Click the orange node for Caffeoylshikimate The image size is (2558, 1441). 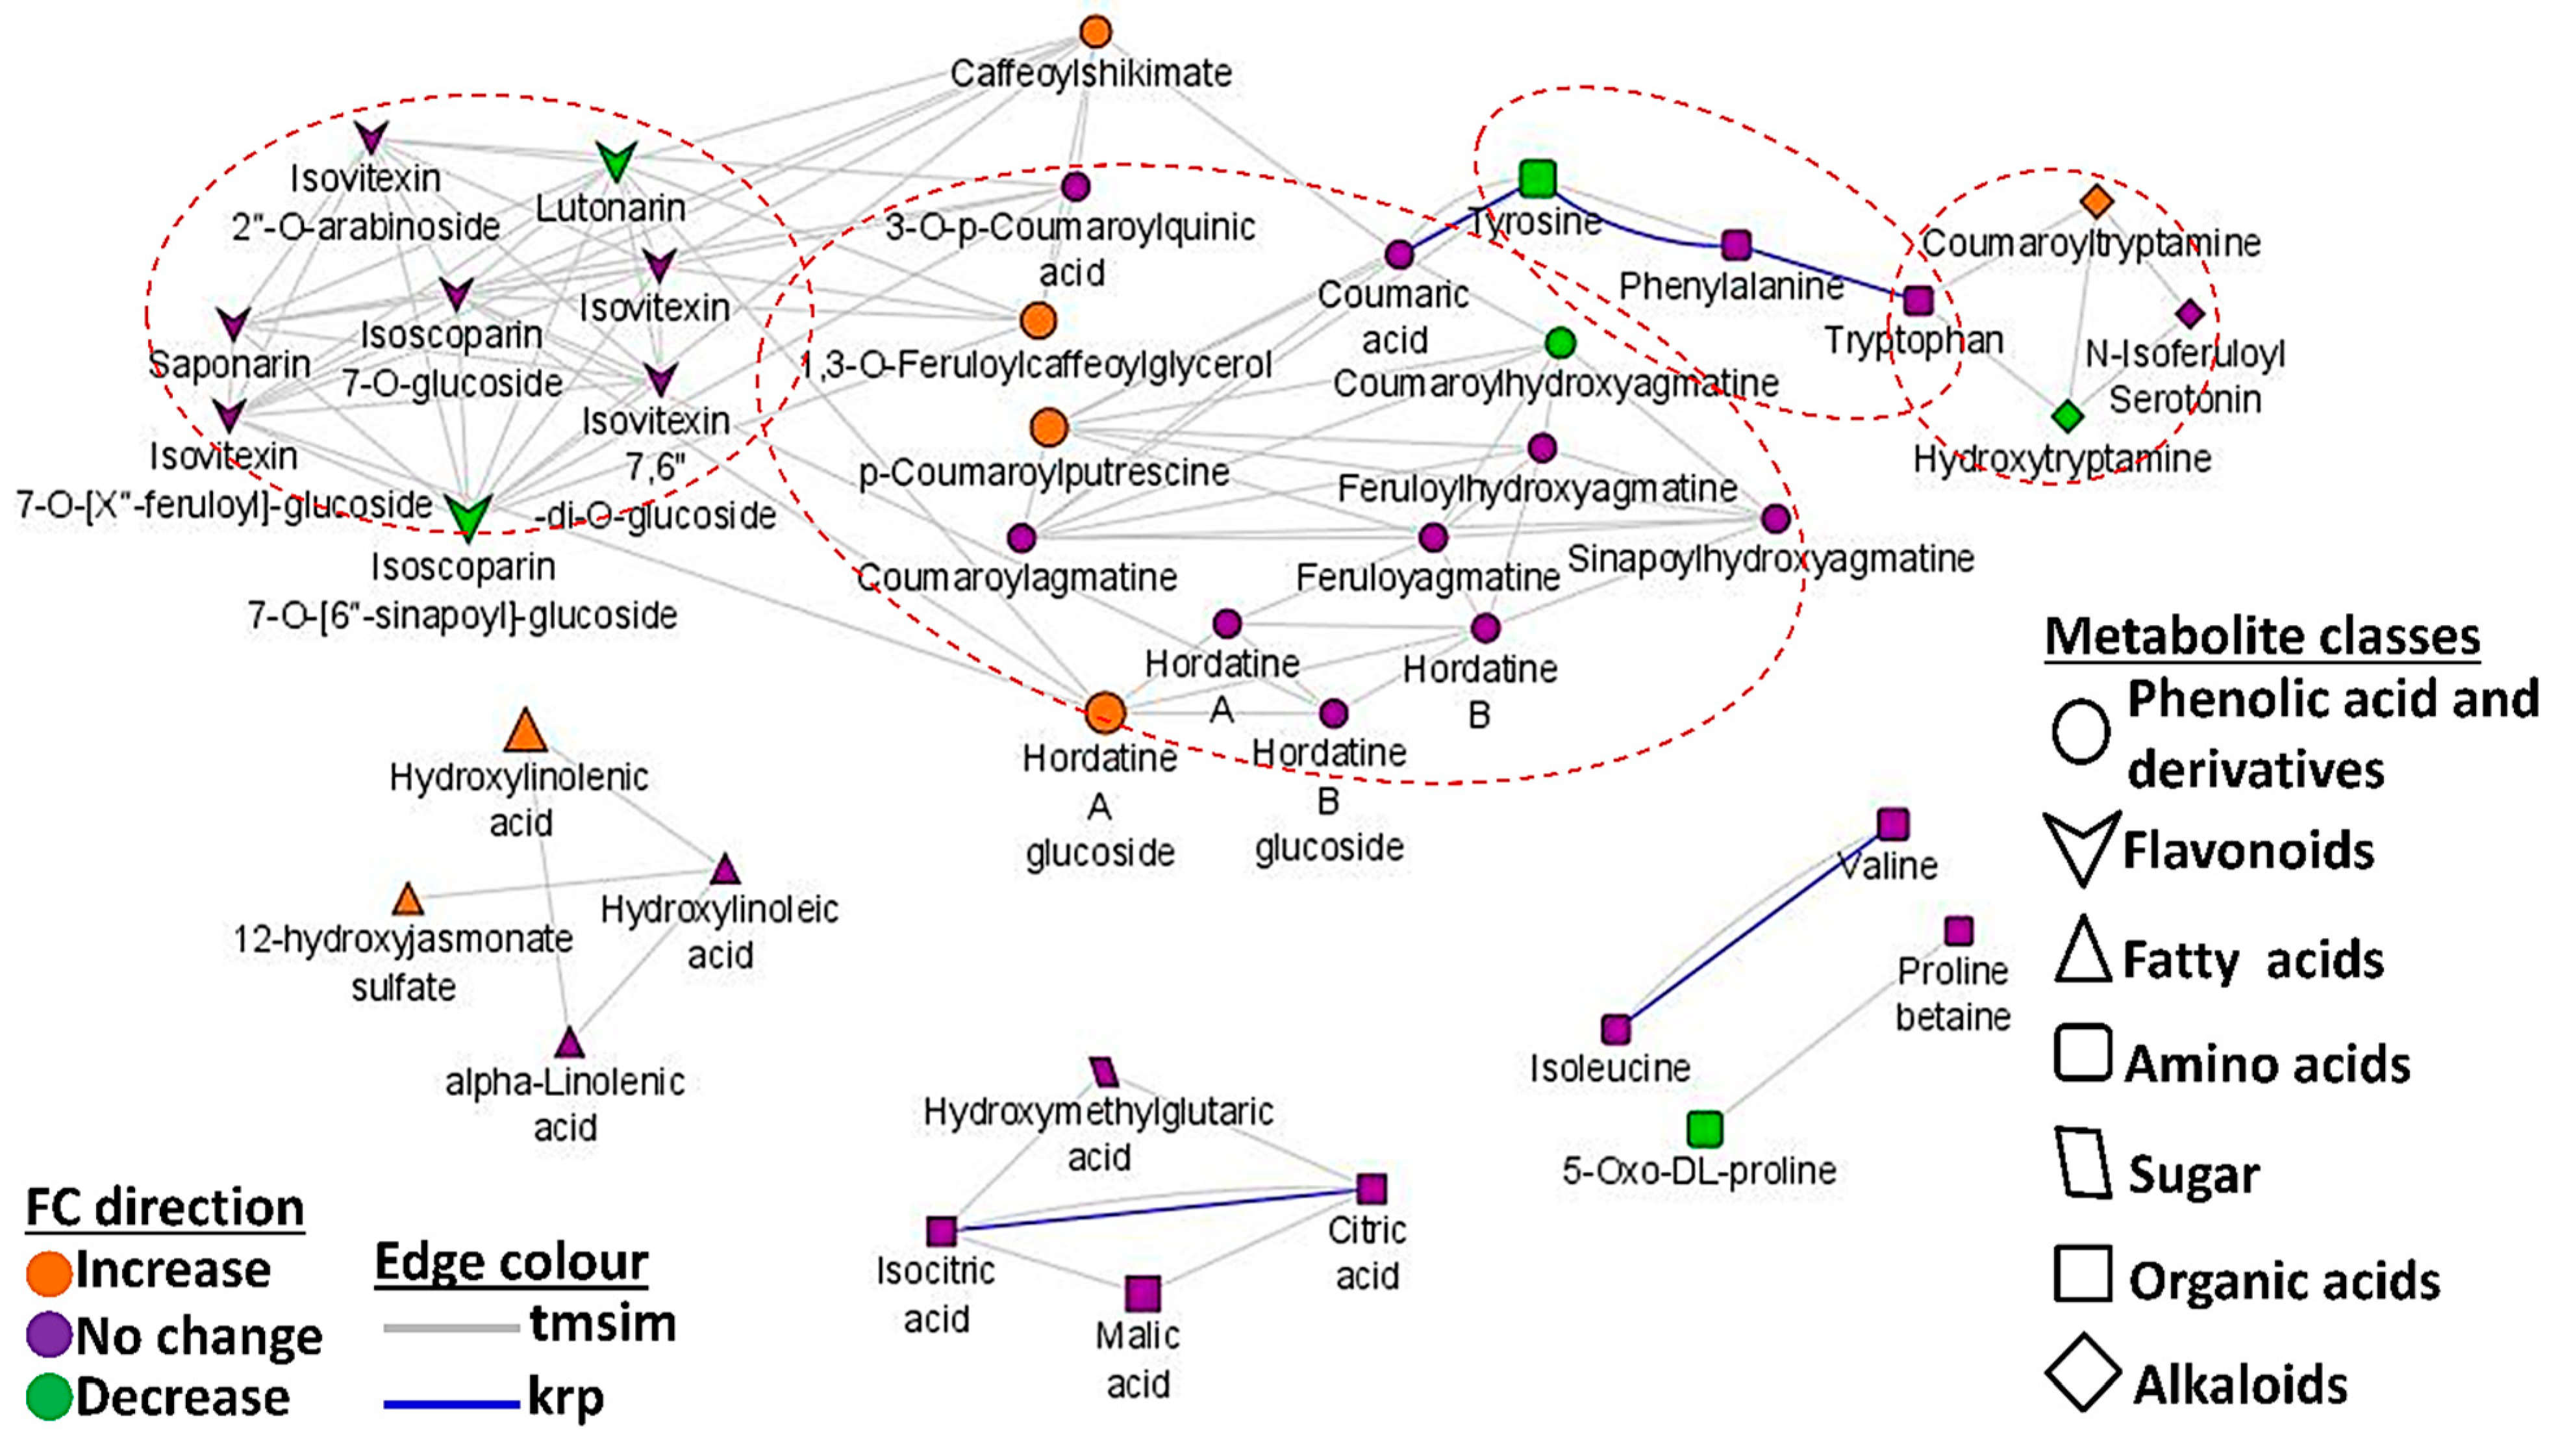tap(1096, 32)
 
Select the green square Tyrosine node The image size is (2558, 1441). tap(1537, 179)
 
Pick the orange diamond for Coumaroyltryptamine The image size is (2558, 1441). tap(2096, 201)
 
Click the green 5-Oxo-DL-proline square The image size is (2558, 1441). tap(1705, 1128)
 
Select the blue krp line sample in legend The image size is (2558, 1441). tap(452, 1403)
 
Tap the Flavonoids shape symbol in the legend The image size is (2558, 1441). tap(2081, 846)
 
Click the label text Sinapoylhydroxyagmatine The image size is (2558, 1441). tap(1770, 559)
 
